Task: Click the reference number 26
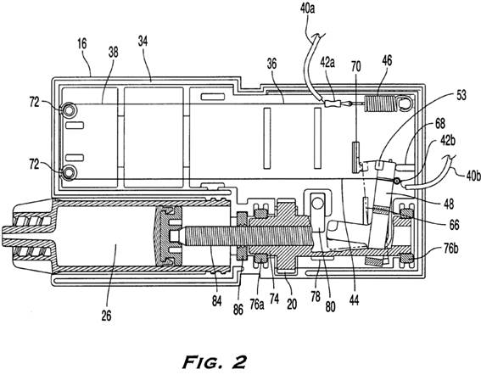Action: pos(106,316)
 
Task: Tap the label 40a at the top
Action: pos(307,9)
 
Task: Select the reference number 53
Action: pos(461,95)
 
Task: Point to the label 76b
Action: pos(450,248)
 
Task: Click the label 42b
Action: pos(448,141)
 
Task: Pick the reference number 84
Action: pos(216,301)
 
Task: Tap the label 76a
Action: pos(257,305)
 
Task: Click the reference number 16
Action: pos(82,44)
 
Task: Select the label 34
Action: pos(143,41)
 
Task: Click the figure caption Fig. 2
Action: pos(215,362)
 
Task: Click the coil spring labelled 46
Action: pos(380,104)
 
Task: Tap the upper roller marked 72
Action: pos(68,109)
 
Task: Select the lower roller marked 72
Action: pos(68,172)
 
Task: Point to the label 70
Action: pos(355,66)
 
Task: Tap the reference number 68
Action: pos(440,124)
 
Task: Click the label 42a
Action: pos(327,62)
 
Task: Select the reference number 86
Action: pos(238,310)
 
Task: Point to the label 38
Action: pos(113,53)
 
